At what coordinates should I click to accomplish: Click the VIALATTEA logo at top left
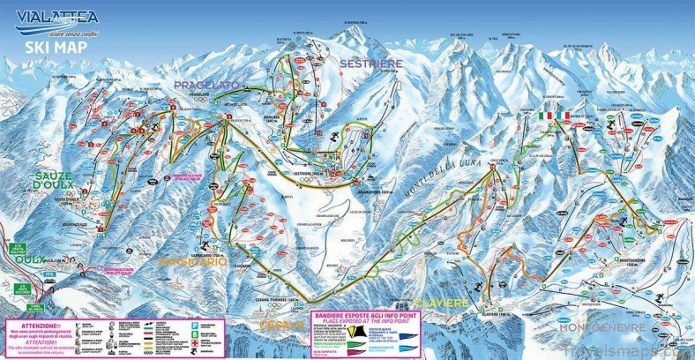click(55, 17)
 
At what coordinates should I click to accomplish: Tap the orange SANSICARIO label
click(192, 262)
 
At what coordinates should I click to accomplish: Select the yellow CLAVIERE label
click(451, 301)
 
